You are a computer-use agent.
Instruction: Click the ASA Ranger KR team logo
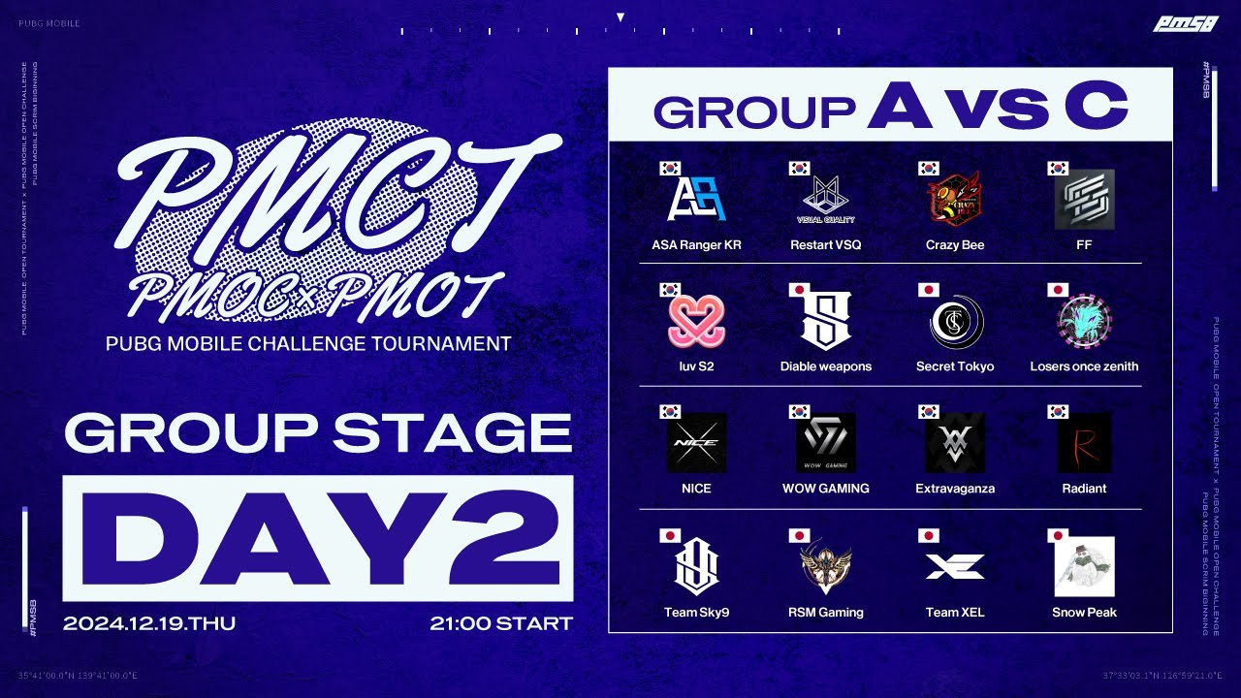(696, 199)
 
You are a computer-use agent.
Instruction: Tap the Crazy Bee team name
(955, 245)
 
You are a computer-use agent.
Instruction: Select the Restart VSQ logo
(825, 199)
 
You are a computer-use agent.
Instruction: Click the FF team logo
(1084, 199)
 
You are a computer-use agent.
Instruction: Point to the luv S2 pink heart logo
(696, 322)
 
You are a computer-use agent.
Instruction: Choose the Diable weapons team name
(825, 366)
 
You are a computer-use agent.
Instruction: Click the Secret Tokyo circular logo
(955, 322)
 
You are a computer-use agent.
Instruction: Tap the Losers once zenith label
(1084, 366)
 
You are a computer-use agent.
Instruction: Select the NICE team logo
(696, 443)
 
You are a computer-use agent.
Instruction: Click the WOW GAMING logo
(825, 443)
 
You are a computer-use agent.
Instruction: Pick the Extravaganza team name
(955, 489)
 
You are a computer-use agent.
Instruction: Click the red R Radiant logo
(1084, 443)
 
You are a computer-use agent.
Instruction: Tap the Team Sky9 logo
(696, 567)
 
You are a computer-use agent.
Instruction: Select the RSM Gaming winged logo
(825, 567)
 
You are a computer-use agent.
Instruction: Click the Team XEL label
(955, 613)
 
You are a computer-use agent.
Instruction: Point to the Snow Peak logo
(1084, 567)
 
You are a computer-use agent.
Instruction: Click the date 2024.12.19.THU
(149, 623)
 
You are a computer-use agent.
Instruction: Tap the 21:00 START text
(501, 623)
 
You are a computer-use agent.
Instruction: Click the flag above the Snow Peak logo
(1058, 535)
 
